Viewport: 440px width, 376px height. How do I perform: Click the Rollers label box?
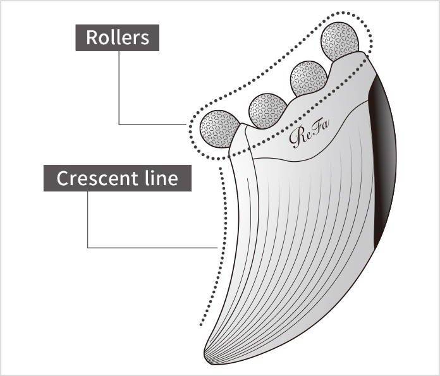(118, 37)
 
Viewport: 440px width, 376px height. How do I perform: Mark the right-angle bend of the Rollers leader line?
(118, 124)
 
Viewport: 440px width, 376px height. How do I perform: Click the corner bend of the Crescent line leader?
(88, 247)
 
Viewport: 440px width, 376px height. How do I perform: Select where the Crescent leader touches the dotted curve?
(217, 247)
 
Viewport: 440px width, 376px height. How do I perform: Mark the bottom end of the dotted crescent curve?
(200, 325)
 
